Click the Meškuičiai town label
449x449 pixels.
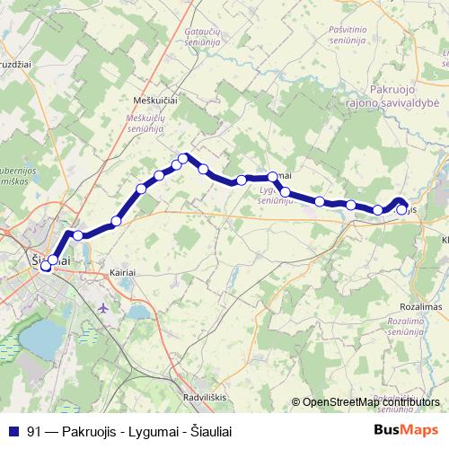coord(156,101)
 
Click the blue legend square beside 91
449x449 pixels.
coord(13,431)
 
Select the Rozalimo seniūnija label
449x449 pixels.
coord(411,326)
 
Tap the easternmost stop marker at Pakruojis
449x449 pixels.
coord(401,210)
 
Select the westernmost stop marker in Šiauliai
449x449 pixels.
coord(45,267)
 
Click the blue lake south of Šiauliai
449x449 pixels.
coord(41,339)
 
